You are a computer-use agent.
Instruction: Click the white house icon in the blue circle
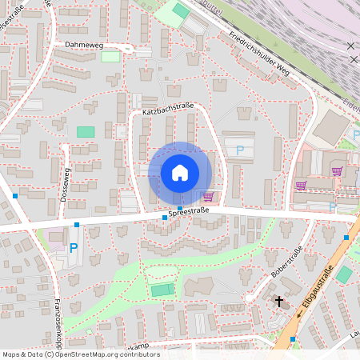click(x=180, y=173)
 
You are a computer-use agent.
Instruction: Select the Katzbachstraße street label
click(x=169, y=113)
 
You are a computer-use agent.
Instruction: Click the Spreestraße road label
click(x=189, y=211)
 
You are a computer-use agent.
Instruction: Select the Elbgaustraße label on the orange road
click(x=316, y=288)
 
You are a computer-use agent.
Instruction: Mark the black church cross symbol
click(x=279, y=301)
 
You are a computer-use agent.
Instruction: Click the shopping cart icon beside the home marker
click(x=209, y=197)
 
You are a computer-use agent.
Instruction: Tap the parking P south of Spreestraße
click(x=74, y=248)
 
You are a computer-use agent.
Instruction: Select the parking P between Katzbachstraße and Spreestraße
click(x=239, y=150)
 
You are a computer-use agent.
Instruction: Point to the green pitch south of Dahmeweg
click(x=85, y=131)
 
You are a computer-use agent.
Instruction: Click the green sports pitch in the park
click(x=162, y=290)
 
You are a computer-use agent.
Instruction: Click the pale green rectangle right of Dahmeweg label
click(x=110, y=57)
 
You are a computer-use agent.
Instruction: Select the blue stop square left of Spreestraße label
click(x=165, y=218)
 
